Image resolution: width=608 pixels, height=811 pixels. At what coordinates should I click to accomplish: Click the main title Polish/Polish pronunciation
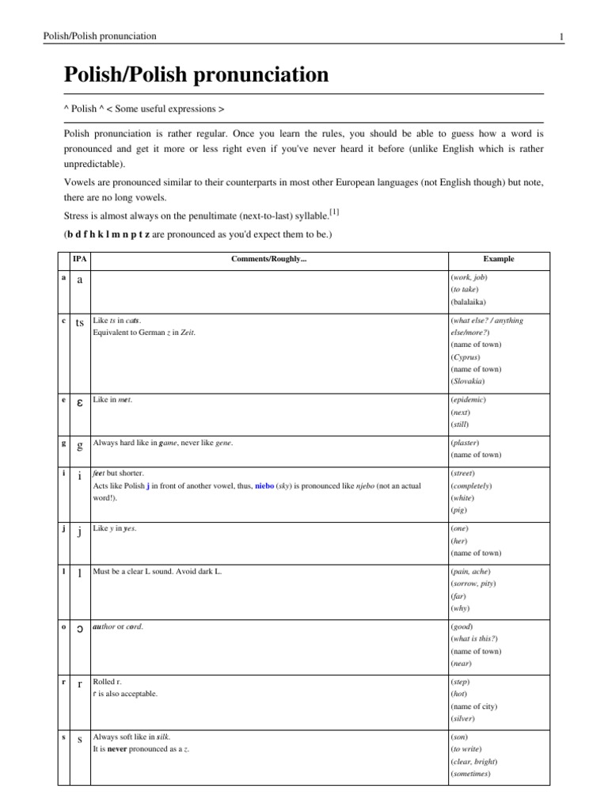196,75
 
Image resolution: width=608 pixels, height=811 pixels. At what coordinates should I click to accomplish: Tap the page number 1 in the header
560,36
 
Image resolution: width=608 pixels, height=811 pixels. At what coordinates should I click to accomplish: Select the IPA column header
79,259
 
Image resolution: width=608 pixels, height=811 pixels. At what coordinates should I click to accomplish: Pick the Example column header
498,259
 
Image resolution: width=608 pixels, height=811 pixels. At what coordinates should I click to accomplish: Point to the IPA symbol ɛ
79,404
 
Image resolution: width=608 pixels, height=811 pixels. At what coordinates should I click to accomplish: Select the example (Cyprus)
465,356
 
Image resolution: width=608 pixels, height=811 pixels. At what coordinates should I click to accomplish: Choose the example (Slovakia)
468,381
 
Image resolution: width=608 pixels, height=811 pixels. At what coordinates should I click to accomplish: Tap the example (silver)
463,718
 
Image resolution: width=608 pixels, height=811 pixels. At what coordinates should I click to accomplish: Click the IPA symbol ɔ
79,630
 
